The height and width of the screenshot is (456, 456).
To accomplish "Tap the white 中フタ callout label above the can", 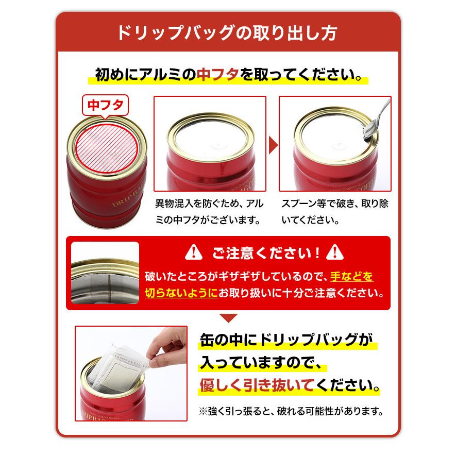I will [x=105, y=106].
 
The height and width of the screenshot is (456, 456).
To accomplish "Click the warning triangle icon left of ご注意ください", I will [x=193, y=253].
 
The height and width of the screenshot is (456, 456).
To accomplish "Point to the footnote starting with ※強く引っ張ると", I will [x=292, y=412].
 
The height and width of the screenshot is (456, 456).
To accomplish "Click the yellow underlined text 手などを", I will [x=352, y=276].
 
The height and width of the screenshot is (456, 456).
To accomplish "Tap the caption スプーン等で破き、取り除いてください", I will [x=335, y=211].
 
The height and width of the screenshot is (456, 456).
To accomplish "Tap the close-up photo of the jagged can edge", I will [x=105, y=273].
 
